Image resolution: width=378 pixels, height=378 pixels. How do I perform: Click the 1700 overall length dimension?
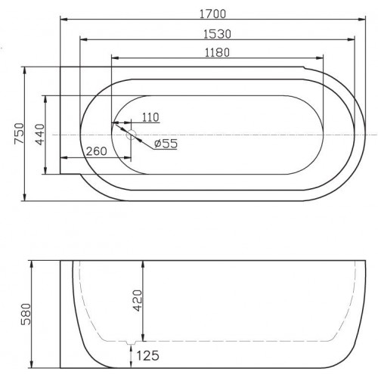click(x=212, y=14)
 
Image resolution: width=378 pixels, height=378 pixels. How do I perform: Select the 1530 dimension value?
click(x=217, y=34)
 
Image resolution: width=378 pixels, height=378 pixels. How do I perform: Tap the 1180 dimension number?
click(x=217, y=53)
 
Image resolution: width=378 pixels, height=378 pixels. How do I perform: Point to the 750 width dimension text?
click(x=19, y=133)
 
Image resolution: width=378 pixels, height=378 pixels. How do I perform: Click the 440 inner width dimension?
click(x=40, y=135)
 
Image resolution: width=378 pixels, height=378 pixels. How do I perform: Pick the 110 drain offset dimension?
click(x=150, y=117)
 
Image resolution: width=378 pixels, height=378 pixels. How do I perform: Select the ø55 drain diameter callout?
click(x=166, y=144)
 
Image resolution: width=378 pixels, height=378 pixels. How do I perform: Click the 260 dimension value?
click(x=96, y=151)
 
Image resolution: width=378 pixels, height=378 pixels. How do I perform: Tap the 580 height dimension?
click(x=26, y=314)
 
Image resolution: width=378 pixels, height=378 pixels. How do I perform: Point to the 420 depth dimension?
click(x=138, y=300)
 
